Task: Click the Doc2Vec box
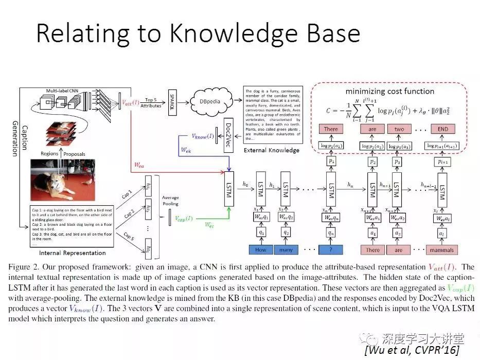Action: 227,132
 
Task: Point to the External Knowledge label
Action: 271,150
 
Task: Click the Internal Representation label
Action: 73,253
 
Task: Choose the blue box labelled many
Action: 286,250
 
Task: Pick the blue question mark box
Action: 331,250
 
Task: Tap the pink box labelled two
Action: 399,129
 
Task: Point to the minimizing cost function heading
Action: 389,92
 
